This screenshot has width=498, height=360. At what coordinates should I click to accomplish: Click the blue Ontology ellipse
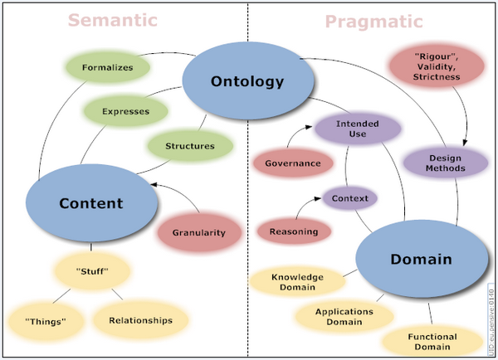coord(248,80)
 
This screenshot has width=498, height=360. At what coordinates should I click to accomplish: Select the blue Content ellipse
coord(91,203)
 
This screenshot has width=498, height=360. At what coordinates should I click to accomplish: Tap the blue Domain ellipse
coord(422,259)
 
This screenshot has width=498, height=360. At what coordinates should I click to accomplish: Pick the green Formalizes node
coord(108,67)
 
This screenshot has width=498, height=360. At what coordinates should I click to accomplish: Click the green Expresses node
coord(126,111)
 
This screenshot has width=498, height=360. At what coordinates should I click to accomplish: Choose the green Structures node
coord(190,146)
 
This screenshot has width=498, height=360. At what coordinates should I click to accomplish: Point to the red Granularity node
coord(199,232)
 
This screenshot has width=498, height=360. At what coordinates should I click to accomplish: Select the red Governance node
coord(293,163)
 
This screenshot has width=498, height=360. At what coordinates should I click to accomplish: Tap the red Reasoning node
coord(294,231)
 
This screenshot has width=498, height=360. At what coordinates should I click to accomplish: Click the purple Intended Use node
coord(358,129)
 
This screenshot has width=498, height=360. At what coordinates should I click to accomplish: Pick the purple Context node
coord(350,198)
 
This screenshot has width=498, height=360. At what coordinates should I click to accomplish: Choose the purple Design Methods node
coord(445,163)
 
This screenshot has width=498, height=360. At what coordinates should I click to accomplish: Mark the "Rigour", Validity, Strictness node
coord(437,66)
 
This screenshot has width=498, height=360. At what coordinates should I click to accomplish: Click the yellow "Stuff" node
coord(92,271)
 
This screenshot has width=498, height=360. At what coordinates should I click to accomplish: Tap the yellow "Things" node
coord(46,321)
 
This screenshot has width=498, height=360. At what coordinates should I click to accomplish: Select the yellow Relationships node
coord(141,320)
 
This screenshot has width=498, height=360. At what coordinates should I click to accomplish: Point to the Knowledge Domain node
coord(298,282)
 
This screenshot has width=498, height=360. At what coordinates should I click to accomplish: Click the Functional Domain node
coord(432,341)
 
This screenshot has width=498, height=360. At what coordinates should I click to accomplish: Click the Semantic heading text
coord(113,20)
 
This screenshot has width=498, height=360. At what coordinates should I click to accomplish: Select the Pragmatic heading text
coord(374,22)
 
